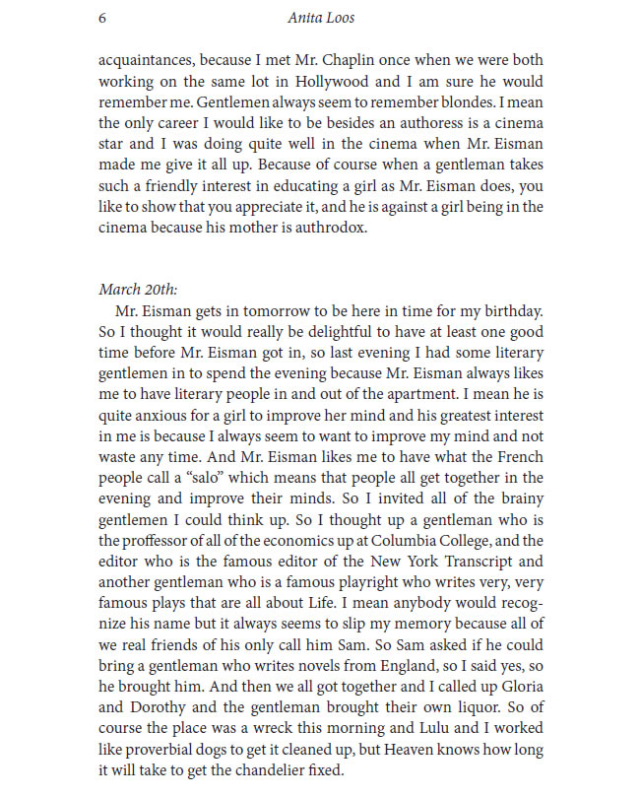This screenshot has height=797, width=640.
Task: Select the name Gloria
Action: [519, 686]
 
